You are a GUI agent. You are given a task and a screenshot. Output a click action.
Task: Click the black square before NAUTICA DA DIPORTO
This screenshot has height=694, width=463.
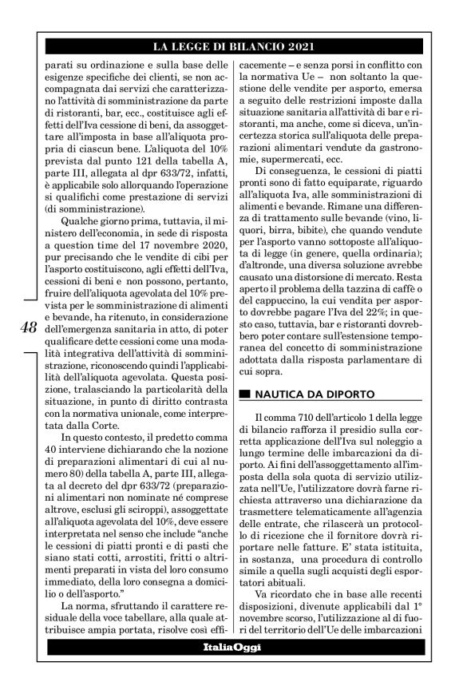[x=244, y=394]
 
